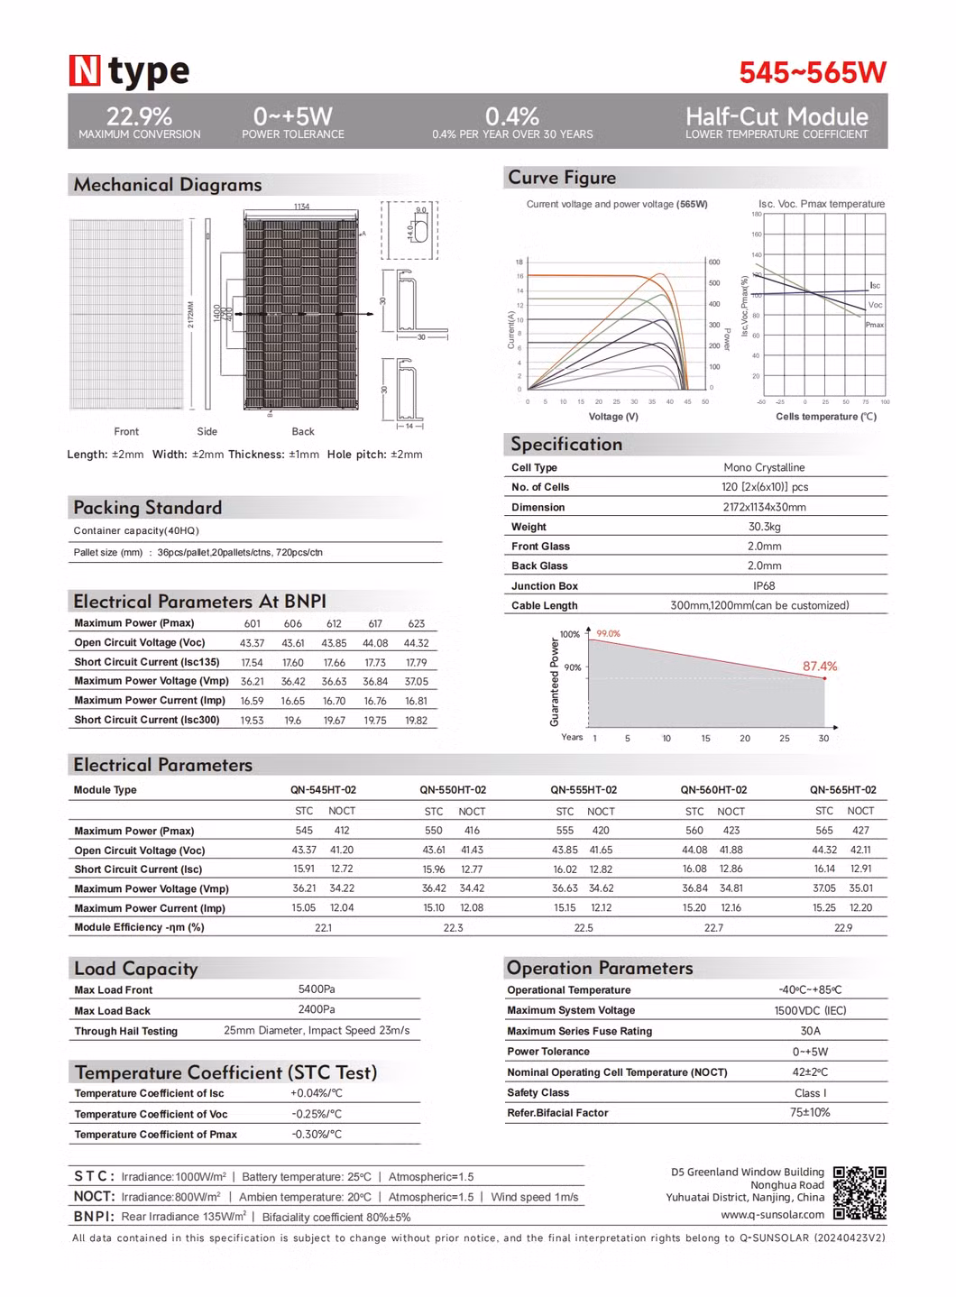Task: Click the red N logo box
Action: (x=84, y=71)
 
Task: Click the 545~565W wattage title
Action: (x=813, y=73)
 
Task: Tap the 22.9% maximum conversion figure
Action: (x=139, y=116)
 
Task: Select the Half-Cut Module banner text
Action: (x=777, y=116)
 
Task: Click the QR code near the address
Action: (x=859, y=1192)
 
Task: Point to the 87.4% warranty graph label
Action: (x=820, y=667)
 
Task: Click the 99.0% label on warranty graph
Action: (x=609, y=634)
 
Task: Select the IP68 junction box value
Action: (x=764, y=585)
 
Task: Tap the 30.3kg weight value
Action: (x=764, y=527)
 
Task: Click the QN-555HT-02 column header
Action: (x=584, y=790)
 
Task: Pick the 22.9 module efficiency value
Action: (x=843, y=927)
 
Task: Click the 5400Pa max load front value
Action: (x=317, y=989)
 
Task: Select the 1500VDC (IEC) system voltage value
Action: (x=810, y=1010)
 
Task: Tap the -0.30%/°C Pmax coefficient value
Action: (x=317, y=1135)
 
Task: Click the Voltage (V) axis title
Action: (x=613, y=417)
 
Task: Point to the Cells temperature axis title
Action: (x=826, y=417)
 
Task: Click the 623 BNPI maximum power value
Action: (x=417, y=623)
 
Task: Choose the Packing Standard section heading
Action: (x=148, y=508)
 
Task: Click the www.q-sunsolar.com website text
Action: (x=772, y=1214)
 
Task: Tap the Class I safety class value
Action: (x=810, y=1092)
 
